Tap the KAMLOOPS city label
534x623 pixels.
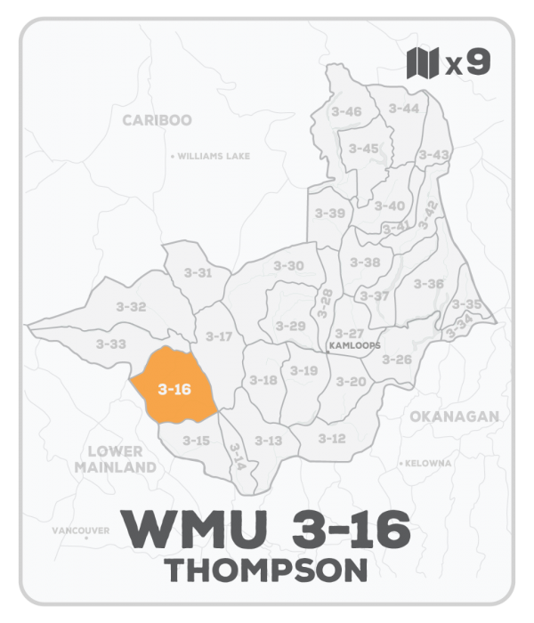point(354,345)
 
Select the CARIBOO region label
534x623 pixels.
point(158,120)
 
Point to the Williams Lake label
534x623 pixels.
point(213,156)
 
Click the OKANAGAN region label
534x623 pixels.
point(454,417)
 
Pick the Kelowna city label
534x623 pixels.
point(431,464)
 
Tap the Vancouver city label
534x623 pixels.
point(81,530)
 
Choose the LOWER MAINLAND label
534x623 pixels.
point(115,459)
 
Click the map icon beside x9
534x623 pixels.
point(424,63)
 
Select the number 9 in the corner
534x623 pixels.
point(478,63)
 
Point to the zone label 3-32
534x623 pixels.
point(131,307)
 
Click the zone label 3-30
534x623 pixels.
point(288,266)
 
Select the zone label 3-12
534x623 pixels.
point(331,439)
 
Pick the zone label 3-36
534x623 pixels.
point(429,284)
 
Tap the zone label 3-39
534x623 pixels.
point(330,214)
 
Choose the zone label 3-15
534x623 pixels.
point(196,441)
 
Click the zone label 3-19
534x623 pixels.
point(303,371)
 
